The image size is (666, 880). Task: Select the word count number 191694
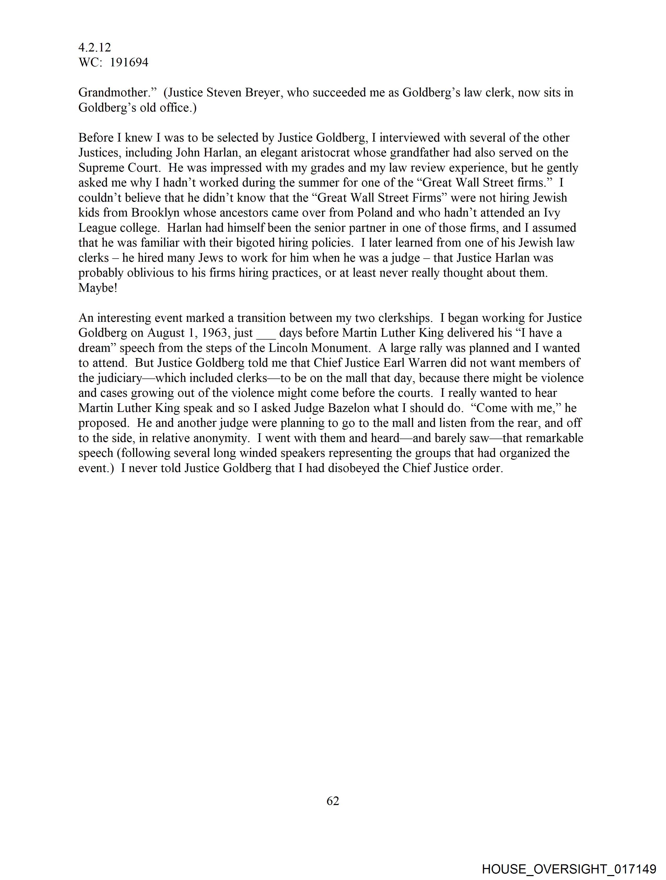point(129,62)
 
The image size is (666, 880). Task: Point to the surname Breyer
point(261,93)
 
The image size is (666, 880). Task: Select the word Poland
point(374,213)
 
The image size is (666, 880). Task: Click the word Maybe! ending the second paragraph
point(97,288)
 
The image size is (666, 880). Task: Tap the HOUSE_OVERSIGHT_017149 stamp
point(569,869)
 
